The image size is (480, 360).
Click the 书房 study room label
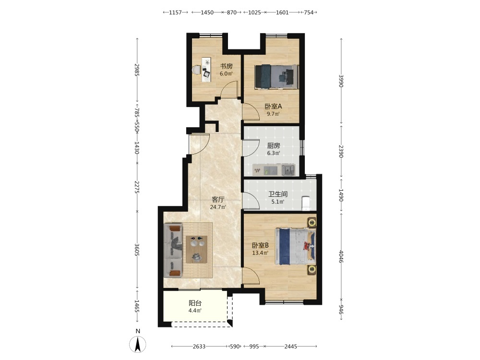[x=227, y=66]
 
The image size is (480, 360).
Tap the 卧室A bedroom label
[x=273, y=107]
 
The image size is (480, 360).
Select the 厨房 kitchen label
[x=274, y=146]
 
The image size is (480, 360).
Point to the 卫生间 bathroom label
[x=278, y=194]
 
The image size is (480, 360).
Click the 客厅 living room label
[x=218, y=200]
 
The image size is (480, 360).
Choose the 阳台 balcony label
[x=195, y=303]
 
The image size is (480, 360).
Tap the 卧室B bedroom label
[x=260, y=245]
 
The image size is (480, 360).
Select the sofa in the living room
[x=173, y=251]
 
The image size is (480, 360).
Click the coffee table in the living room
[x=197, y=249]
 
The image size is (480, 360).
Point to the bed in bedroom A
[x=276, y=76]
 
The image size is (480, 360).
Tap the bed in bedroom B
[x=295, y=246]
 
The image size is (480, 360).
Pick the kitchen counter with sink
[x=274, y=169]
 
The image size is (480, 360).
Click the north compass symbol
[x=138, y=344]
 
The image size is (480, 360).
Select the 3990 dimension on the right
[x=341, y=81]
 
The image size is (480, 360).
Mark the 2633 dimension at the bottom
[x=199, y=347]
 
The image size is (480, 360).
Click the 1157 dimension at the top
[x=175, y=12]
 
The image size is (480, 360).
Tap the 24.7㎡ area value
[x=218, y=207]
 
